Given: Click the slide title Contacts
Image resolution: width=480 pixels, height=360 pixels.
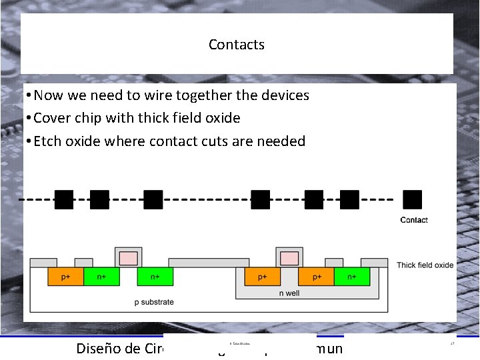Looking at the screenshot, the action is coord(236,45).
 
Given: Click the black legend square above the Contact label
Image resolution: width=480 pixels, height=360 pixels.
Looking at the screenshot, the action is coord(413,199).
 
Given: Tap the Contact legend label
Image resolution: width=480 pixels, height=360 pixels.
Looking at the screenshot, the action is coord(414,220).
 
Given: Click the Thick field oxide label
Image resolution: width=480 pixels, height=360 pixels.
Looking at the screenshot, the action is coord(425,265).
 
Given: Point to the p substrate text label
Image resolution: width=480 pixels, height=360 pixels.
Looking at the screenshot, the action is coord(154,302).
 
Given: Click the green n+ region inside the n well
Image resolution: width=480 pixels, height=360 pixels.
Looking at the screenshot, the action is coord(351,277).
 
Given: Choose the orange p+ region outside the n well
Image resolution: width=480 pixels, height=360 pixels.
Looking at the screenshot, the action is coord(66,277).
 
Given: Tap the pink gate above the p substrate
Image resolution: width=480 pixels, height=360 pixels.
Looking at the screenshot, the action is coord(128,258).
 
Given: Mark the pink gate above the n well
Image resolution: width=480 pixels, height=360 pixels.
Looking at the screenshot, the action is coord(289,258).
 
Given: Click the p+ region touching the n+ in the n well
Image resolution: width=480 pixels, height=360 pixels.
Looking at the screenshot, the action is coord(316,277).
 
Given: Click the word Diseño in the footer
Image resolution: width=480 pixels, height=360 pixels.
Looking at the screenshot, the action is coord(99,348).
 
